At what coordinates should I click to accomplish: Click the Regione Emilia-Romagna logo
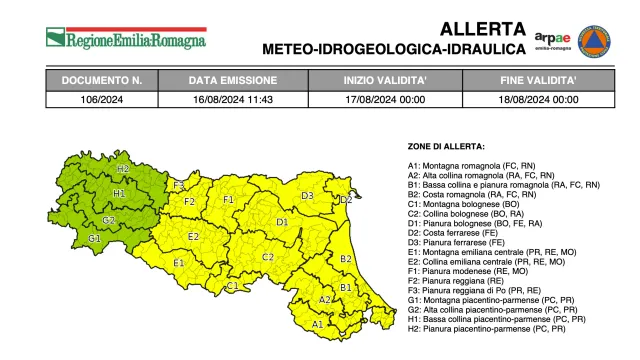pos(125,39)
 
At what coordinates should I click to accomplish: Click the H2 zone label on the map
pos(123,169)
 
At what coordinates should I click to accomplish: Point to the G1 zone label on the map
pos(94,239)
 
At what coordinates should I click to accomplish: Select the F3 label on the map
pos(179,185)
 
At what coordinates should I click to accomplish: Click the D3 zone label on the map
pos(308,195)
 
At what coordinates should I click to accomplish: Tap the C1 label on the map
pos(232,287)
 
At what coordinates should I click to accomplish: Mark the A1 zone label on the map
pos(318,323)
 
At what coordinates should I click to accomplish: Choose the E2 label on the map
pos(194,236)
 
